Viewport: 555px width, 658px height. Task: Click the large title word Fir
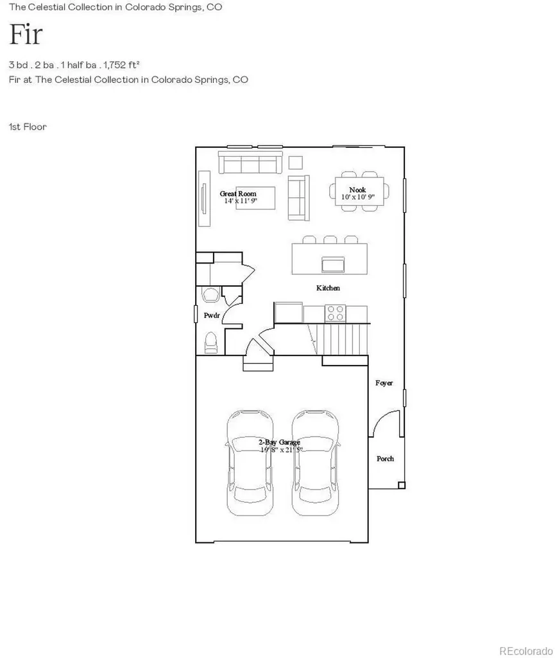pyautogui.click(x=26, y=34)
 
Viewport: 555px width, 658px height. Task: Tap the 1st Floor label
pyautogui.click(x=28, y=127)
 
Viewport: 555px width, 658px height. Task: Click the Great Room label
pyautogui.click(x=238, y=193)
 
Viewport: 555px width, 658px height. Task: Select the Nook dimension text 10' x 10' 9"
pyautogui.click(x=358, y=197)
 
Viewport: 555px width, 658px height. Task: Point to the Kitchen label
pyautogui.click(x=328, y=288)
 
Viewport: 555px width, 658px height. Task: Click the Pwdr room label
pyautogui.click(x=212, y=316)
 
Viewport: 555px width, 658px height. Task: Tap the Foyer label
pyautogui.click(x=384, y=383)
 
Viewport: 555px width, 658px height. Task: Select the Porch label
pyautogui.click(x=385, y=459)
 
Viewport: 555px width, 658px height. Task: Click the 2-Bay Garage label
pyautogui.click(x=279, y=442)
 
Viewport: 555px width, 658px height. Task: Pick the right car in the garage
pyautogui.click(x=314, y=463)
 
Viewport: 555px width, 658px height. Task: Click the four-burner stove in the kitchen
pyautogui.click(x=335, y=313)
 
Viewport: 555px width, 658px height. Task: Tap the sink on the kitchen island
pyautogui.click(x=333, y=264)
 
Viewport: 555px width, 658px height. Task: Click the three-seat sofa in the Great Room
pyautogui.click(x=250, y=163)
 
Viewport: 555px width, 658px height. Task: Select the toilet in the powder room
pyautogui.click(x=210, y=342)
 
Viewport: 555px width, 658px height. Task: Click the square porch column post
pyautogui.click(x=401, y=486)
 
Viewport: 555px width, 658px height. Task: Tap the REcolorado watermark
pyautogui.click(x=526, y=651)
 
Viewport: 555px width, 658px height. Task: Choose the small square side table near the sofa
pyautogui.click(x=295, y=163)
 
